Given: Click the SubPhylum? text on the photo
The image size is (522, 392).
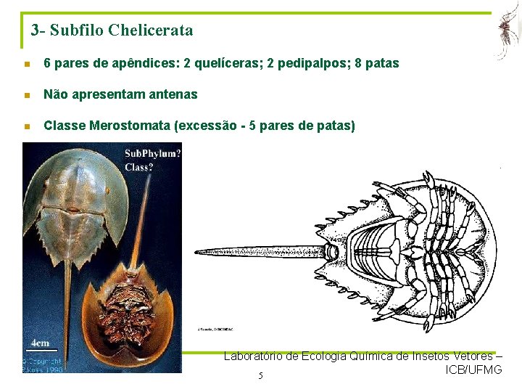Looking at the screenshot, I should [152, 153].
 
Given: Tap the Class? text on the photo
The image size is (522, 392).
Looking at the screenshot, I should [139, 166].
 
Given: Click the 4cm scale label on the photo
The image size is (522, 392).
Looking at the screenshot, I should [41, 343].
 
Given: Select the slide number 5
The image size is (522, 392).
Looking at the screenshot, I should [260, 375].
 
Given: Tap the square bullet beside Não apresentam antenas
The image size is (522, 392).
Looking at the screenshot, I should [27, 95].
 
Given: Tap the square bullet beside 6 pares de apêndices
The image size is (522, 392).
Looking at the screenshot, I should [27, 64].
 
